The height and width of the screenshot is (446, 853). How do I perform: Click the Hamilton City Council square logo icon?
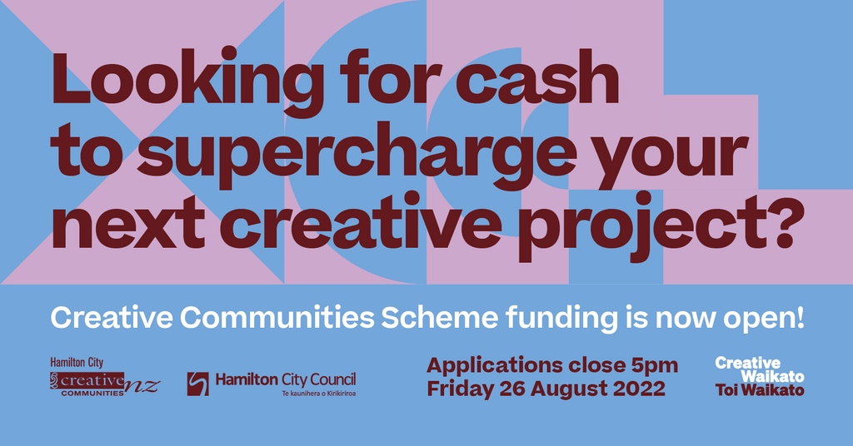(197, 384)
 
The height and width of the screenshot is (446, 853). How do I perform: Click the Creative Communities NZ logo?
(104, 382)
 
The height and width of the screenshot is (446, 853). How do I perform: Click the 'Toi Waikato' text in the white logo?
(760, 389)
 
